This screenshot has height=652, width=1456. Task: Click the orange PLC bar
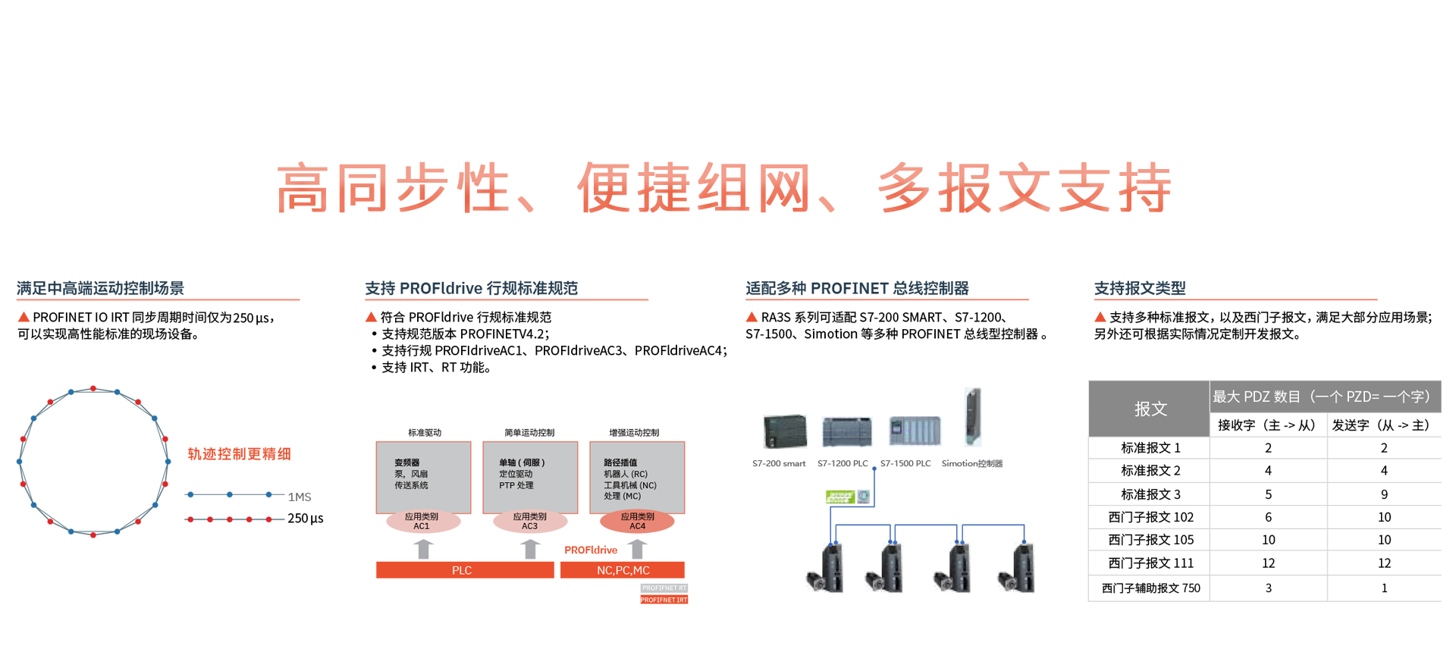[x=464, y=570]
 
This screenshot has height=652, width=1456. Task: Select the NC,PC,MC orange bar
[x=622, y=570]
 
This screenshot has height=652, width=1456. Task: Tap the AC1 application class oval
[x=422, y=521]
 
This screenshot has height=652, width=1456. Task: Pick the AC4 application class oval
[x=637, y=521]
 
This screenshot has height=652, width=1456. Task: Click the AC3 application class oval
[x=529, y=521]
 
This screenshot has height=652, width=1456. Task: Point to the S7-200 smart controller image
[x=784, y=431]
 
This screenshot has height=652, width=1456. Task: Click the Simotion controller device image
[x=972, y=416]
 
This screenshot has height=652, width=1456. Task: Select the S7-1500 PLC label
[x=905, y=463]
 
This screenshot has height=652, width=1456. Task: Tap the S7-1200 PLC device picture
[x=846, y=431]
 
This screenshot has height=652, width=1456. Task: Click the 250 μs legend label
[x=305, y=519]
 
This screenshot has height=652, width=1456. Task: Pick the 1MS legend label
[x=300, y=497]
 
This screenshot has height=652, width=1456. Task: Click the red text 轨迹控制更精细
[x=239, y=454]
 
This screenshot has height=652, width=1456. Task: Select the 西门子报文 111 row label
[x=1150, y=563]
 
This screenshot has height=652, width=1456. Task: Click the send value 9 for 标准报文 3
[x=1384, y=494]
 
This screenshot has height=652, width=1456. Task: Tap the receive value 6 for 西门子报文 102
[x=1268, y=517]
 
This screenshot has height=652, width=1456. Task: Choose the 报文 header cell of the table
[x=1150, y=409]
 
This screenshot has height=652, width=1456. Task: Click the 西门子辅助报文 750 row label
[x=1150, y=588]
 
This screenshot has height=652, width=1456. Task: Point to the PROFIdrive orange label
[x=591, y=550]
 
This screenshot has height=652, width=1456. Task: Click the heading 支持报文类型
[x=1140, y=288]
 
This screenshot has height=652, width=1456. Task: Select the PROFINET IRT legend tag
[x=664, y=600]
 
